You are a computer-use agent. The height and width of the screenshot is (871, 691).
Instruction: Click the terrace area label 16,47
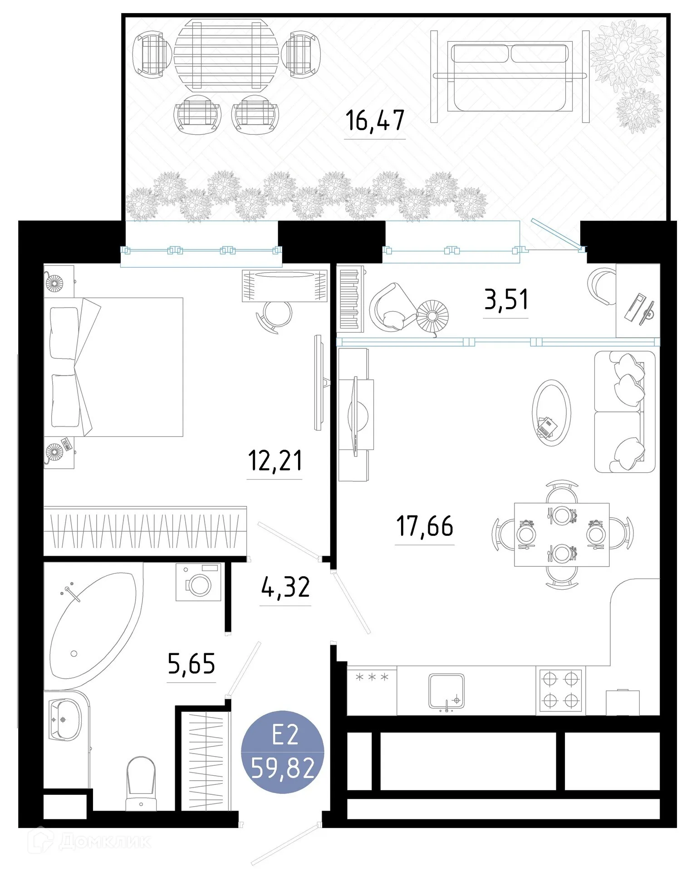click(x=375, y=121)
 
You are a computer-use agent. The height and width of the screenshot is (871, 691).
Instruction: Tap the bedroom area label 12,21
click(x=275, y=460)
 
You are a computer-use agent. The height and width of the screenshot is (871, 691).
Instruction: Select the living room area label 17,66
click(x=425, y=526)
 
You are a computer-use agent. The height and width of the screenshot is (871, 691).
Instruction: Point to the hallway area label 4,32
click(x=285, y=587)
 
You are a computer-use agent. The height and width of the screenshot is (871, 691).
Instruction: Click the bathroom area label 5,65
click(x=191, y=664)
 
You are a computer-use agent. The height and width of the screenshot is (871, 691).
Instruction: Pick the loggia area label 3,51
click(x=506, y=300)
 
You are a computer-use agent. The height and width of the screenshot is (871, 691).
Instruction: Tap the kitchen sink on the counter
click(x=447, y=691)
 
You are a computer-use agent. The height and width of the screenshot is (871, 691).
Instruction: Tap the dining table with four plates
click(x=562, y=534)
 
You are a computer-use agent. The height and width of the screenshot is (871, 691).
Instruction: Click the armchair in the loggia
click(x=390, y=306)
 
